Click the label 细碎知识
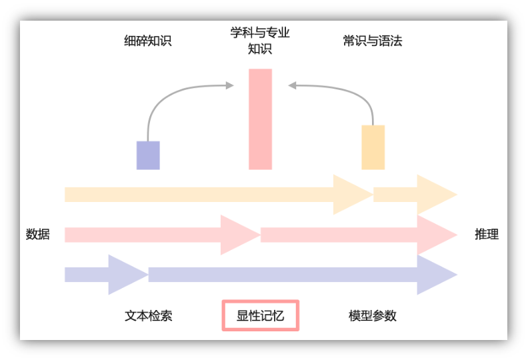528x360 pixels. [x=147, y=41]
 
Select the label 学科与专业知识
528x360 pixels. [x=260, y=40]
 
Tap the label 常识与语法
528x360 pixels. [x=373, y=41]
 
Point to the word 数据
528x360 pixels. [x=37, y=234]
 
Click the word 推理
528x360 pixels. [x=487, y=234]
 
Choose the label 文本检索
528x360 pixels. [x=148, y=315]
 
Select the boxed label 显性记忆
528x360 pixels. [x=260, y=315]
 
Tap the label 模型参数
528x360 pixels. [x=373, y=315]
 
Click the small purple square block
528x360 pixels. [x=148, y=155]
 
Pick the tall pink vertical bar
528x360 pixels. [x=260, y=119]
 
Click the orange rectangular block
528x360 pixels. [x=373, y=147]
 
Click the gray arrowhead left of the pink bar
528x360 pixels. [x=229, y=85]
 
